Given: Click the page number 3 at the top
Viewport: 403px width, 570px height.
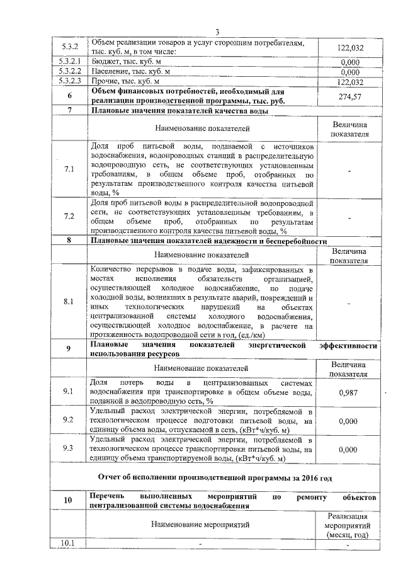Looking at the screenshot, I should [217, 33].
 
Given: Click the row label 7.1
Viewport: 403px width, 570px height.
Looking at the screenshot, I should [70, 169].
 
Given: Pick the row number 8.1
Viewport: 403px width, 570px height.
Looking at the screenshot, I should [70, 301].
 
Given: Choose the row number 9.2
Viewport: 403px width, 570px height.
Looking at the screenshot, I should [70, 419].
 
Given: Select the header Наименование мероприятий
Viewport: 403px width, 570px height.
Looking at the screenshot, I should [201, 523].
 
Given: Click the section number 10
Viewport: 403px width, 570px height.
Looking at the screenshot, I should [70, 501].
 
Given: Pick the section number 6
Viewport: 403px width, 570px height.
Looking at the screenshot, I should [70, 96].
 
